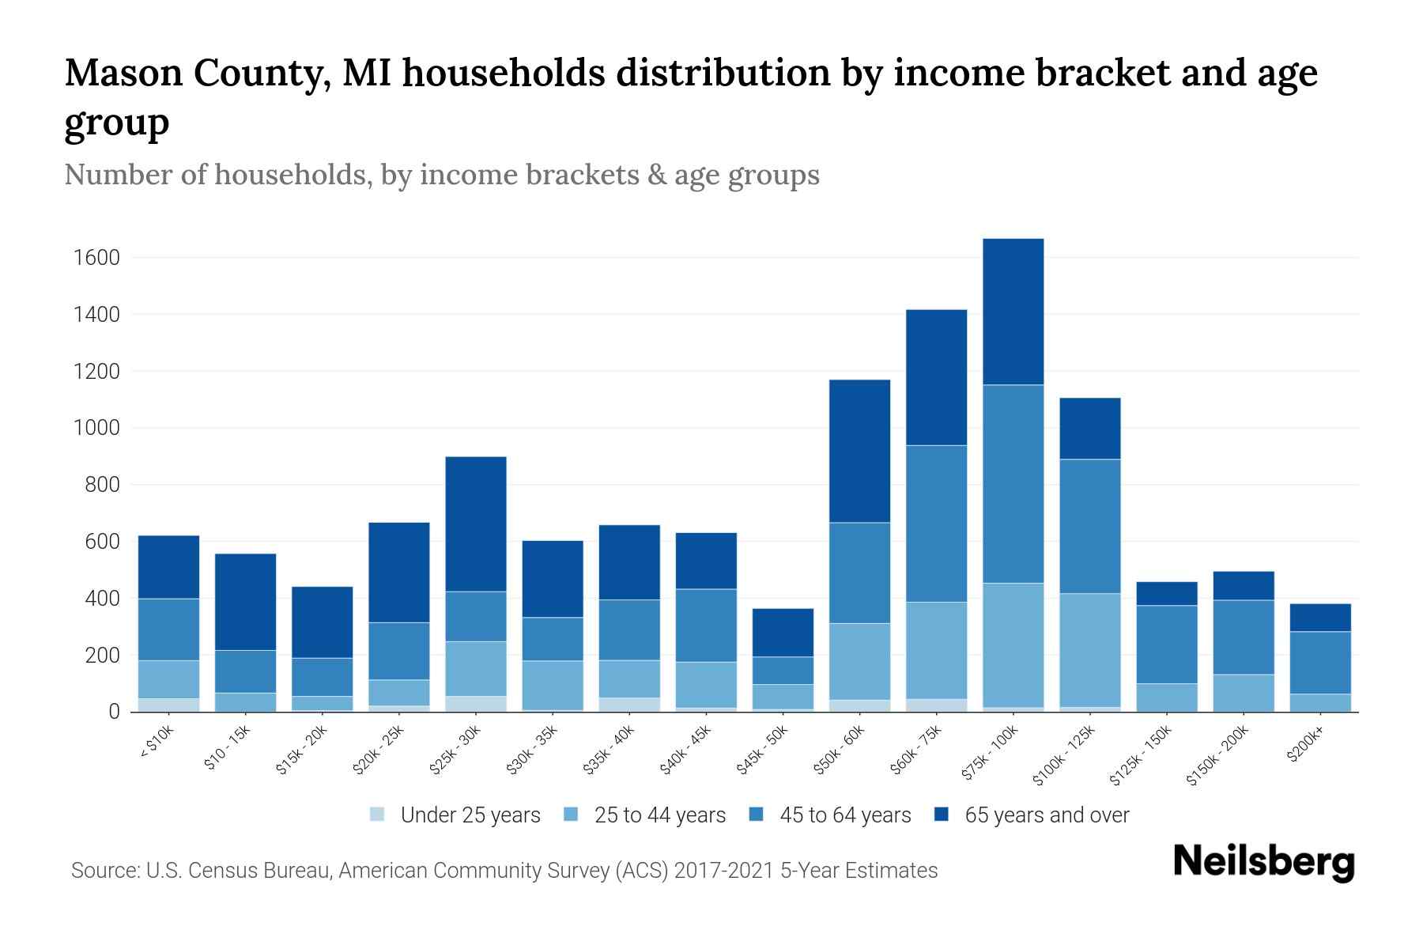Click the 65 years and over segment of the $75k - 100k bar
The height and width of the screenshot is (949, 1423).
[x=1013, y=312]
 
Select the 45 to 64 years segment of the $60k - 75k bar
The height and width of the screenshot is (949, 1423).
[x=936, y=524]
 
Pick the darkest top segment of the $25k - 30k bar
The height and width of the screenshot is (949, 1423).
[x=476, y=524]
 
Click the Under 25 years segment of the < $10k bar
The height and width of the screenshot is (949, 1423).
[x=168, y=705]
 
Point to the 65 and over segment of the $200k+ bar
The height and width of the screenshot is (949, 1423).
[x=1319, y=618]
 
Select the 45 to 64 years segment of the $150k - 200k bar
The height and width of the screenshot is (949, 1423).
[x=1243, y=637]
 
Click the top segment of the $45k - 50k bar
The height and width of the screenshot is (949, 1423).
[x=783, y=633]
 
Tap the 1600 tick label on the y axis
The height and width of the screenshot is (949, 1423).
[x=96, y=258]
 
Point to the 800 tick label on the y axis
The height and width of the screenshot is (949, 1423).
[x=102, y=485]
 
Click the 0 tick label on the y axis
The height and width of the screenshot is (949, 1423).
[x=114, y=712]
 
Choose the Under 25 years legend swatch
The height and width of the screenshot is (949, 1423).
[x=377, y=815]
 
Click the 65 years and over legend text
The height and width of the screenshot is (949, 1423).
[x=1047, y=815]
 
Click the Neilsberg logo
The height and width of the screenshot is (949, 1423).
[x=1264, y=862]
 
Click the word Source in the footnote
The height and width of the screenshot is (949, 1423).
[x=104, y=871]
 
